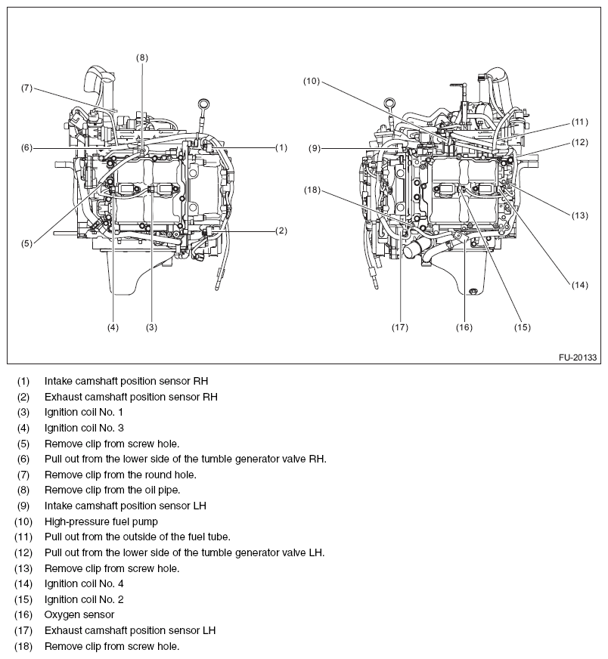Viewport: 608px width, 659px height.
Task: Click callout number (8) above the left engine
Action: tap(142, 57)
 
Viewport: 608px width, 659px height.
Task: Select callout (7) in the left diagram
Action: tap(26, 88)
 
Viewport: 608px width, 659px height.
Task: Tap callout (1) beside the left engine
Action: tap(281, 147)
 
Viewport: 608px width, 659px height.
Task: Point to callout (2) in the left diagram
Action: tap(281, 230)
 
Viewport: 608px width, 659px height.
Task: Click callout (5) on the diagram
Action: tap(26, 243)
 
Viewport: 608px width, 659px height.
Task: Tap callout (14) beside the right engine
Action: tap(579, 285)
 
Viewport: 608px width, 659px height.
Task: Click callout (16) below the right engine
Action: tap(464, 327)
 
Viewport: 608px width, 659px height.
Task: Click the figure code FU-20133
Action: tap(578, 356)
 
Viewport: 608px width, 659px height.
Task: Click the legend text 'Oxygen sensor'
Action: tap(79, 614)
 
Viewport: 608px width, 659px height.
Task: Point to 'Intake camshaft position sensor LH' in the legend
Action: tap(125, 505)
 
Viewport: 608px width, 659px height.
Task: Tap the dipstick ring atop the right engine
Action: tap(390, 104)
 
